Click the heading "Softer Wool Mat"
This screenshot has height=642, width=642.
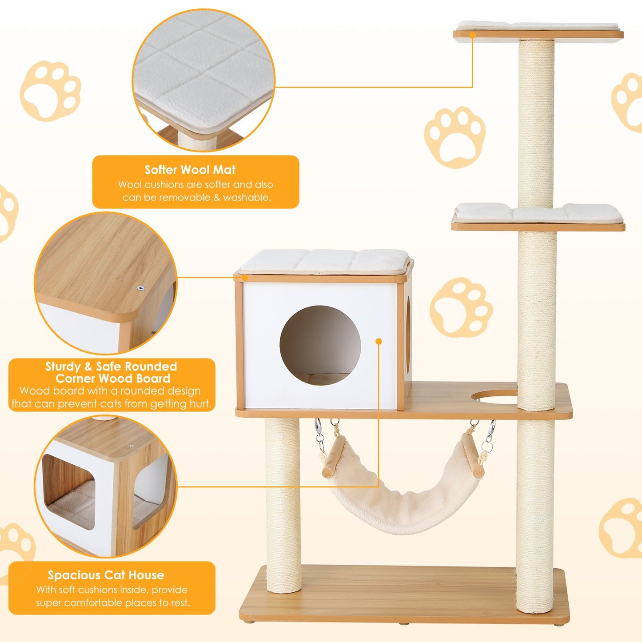190,170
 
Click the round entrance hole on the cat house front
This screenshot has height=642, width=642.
320,346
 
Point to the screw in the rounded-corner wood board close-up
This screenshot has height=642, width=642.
141,288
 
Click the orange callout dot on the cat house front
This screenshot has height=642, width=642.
379,341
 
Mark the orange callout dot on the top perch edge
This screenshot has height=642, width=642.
472,34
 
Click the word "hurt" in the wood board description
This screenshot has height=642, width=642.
200,404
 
